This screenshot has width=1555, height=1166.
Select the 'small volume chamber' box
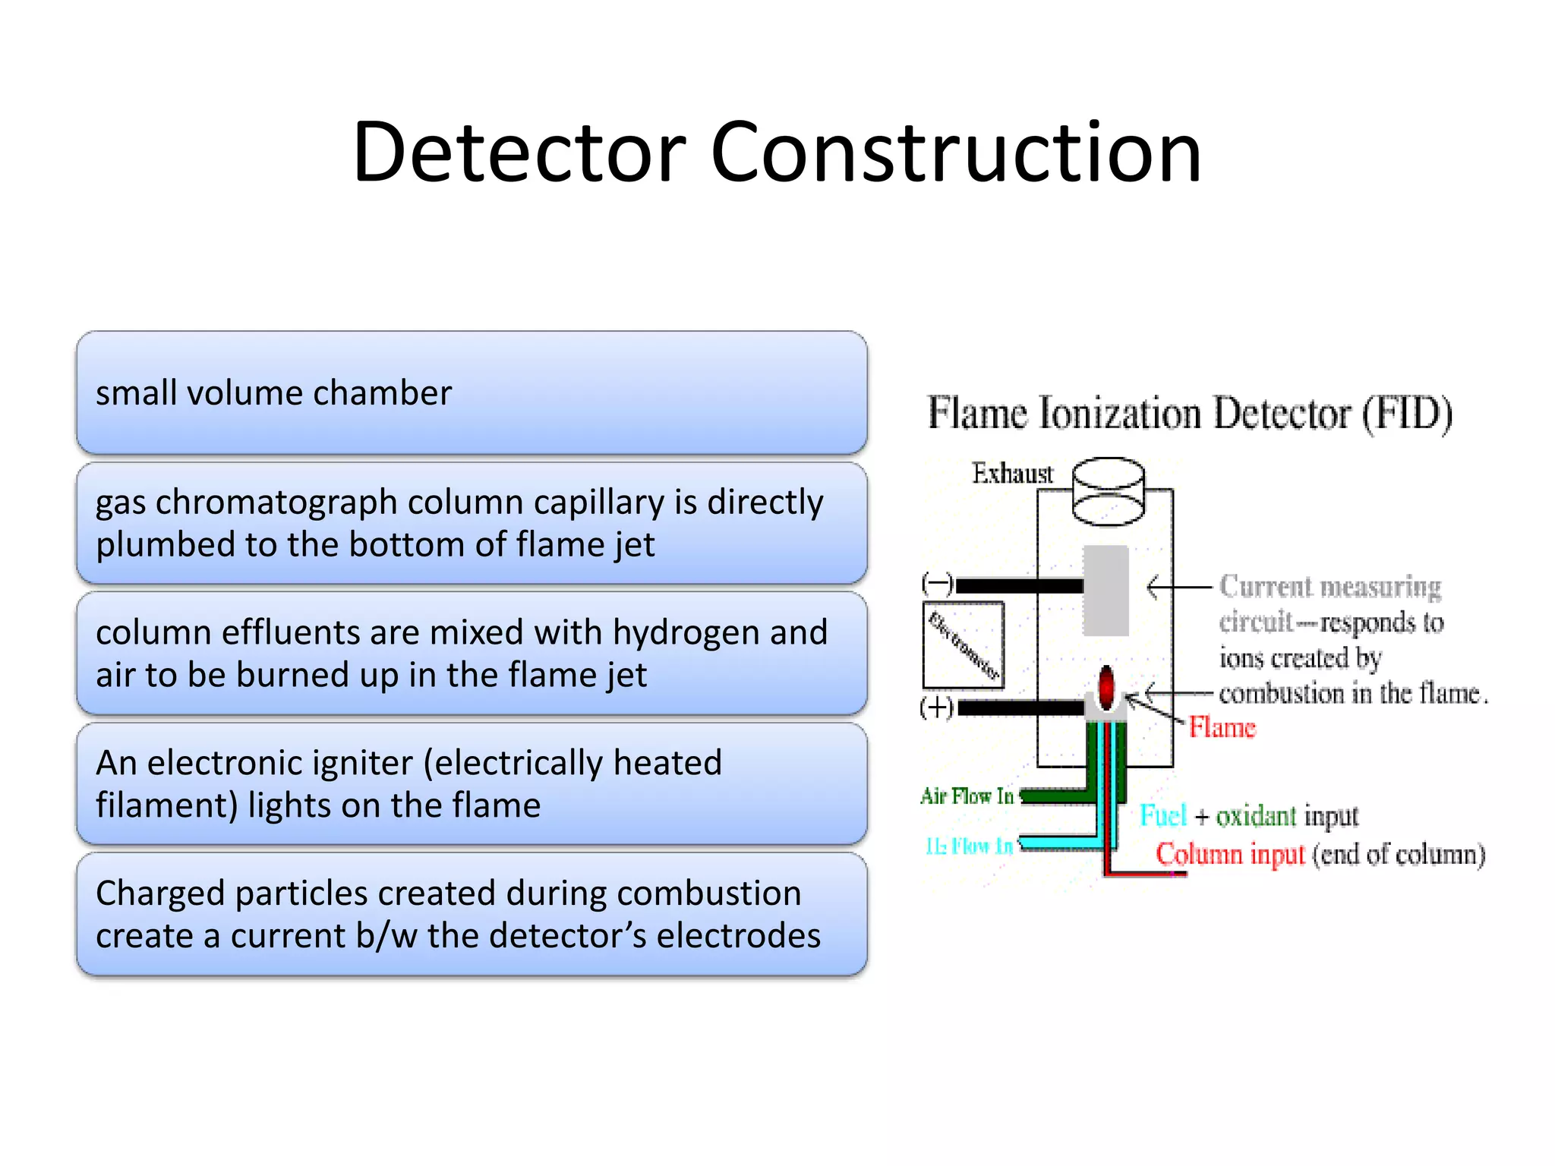tap(471, 392)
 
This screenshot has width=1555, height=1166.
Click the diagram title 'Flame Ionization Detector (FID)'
tap(1189, 414)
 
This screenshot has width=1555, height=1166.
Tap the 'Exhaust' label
tap(1012, 474)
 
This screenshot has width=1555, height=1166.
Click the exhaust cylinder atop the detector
tap(1108, 492)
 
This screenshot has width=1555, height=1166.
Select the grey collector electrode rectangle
tap(1106, 590)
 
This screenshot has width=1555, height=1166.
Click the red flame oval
tap(1106, 685)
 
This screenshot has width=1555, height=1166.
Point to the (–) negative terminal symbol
tap(937, 584)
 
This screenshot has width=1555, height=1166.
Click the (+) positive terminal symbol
tap(936, 707)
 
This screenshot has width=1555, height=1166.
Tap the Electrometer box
tap(963, 645)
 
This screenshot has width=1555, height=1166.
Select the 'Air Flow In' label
tap(967, 796)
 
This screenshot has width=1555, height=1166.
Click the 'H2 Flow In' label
tap(969, 846)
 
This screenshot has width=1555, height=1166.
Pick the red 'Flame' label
tap(1222, 728)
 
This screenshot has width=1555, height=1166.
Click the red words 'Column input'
tap(1229, 854)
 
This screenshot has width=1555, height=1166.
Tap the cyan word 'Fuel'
tap(1162, 816)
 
